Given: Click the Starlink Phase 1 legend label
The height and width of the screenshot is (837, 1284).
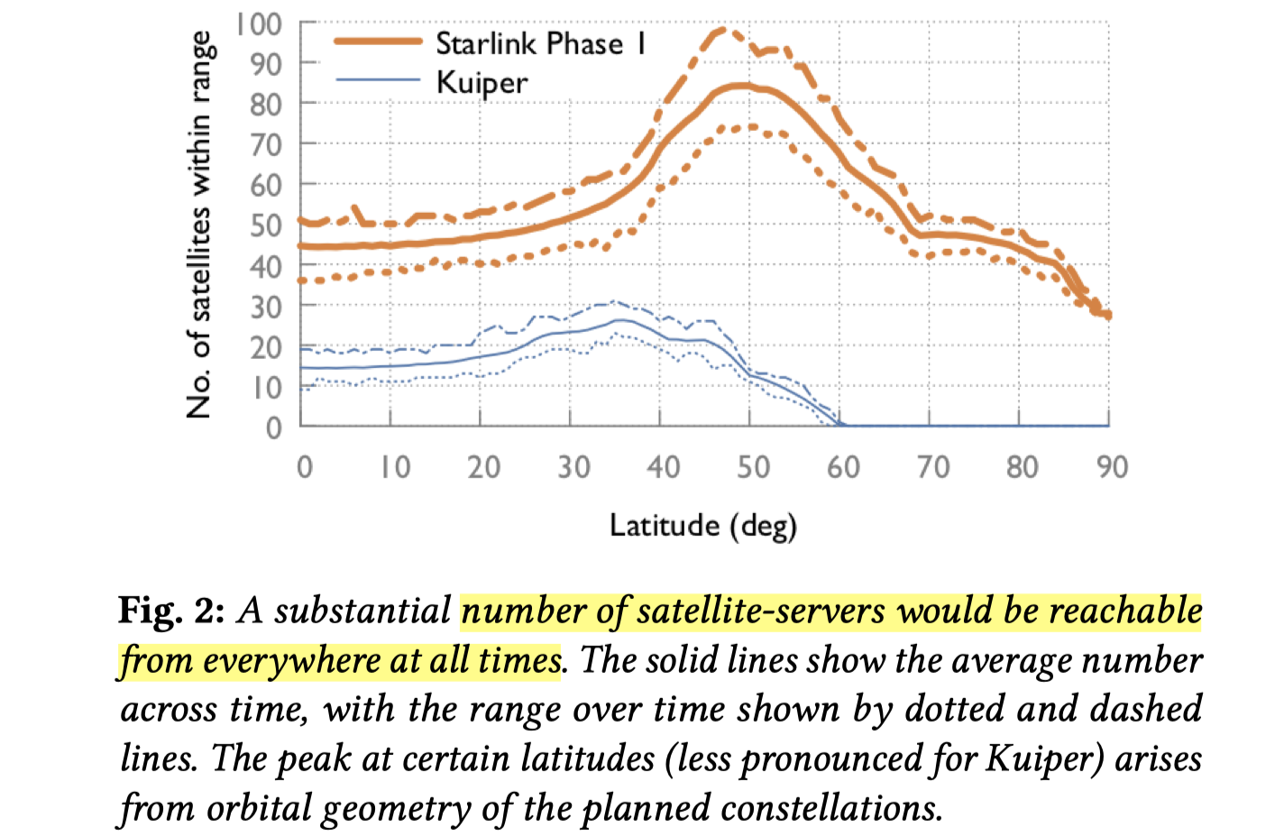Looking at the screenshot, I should click(540, 43).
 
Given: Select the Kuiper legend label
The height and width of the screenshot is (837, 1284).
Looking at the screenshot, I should click(481, 83).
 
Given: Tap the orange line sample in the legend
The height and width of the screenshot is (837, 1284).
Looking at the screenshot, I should click(378, 41).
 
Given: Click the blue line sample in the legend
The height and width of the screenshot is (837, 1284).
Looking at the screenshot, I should click(378, 80).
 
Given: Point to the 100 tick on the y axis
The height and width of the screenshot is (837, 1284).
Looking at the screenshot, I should click(259, 24).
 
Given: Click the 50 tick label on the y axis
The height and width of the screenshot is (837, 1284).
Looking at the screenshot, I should click(267, 225).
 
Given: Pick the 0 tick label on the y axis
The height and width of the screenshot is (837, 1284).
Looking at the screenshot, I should click(274, 428).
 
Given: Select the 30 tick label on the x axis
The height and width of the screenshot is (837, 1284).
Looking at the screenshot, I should click(573, 467).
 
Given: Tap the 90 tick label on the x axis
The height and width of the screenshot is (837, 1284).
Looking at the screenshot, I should click(1112, 467).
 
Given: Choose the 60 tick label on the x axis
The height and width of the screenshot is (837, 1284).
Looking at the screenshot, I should click(843, 467).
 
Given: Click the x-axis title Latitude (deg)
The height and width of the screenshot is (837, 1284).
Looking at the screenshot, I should click(703, 525).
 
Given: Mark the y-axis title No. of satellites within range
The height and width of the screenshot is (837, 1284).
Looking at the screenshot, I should click(199, 225).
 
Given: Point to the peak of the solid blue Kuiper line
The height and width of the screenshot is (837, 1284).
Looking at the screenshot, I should click(620, 319).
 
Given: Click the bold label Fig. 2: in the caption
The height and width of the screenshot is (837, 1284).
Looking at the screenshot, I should click(171, 612).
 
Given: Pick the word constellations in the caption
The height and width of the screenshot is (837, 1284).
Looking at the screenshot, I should click(830, 808).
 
